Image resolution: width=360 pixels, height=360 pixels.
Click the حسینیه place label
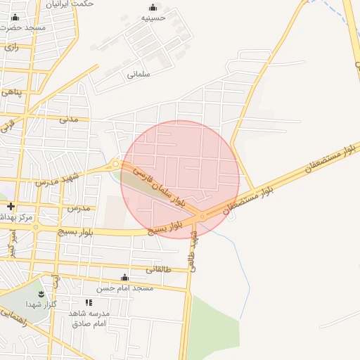pyautogui.click(x=153, y=18)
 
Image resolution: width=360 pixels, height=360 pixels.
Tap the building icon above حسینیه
pyautogui.click(x=153, y=7)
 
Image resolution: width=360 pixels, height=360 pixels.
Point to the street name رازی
pyautogui.click(x=11, y=47)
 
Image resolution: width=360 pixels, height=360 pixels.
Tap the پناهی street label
pyautogui.click(x=11, y=92)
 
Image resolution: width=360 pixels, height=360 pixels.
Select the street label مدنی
pyautogui.click(x=68, y=119)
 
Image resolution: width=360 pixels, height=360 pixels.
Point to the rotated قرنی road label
pyautogui.click(x=7, y=126)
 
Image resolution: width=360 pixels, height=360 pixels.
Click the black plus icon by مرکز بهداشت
pyautogui.click(x=11, y=207)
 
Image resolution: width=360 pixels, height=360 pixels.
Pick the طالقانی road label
pyautogui.click(x=158, y=269)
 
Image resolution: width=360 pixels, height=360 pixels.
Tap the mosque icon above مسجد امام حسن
pyautogui.click(x=125, y=277)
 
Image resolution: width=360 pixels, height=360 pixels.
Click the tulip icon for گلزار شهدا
pyautogui.click(x=40, y=293)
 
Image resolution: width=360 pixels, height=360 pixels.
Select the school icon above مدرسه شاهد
pyautogui.click(x=89, y=302)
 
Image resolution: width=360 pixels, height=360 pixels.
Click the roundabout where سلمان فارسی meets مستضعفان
pyautogui.click(x=202, y=216)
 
